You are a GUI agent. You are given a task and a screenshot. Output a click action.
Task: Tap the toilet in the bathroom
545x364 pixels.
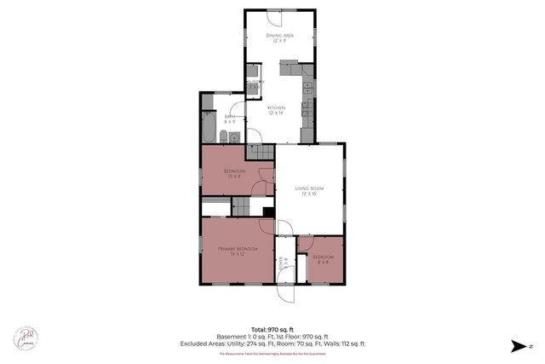tap(223, 137)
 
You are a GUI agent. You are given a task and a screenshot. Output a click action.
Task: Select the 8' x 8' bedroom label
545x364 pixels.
tap(324, 259)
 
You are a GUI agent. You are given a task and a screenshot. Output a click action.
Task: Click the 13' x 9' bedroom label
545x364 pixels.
tap(234, 174)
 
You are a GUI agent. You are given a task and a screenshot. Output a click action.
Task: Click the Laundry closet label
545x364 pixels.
tap(255, 84)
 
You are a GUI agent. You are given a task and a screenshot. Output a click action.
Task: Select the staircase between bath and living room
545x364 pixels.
tap(260, 152)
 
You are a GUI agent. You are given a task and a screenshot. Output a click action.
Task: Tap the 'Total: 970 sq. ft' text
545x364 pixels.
tap(272, 328)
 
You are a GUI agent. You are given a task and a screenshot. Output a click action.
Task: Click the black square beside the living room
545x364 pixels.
tap(267, 212)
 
